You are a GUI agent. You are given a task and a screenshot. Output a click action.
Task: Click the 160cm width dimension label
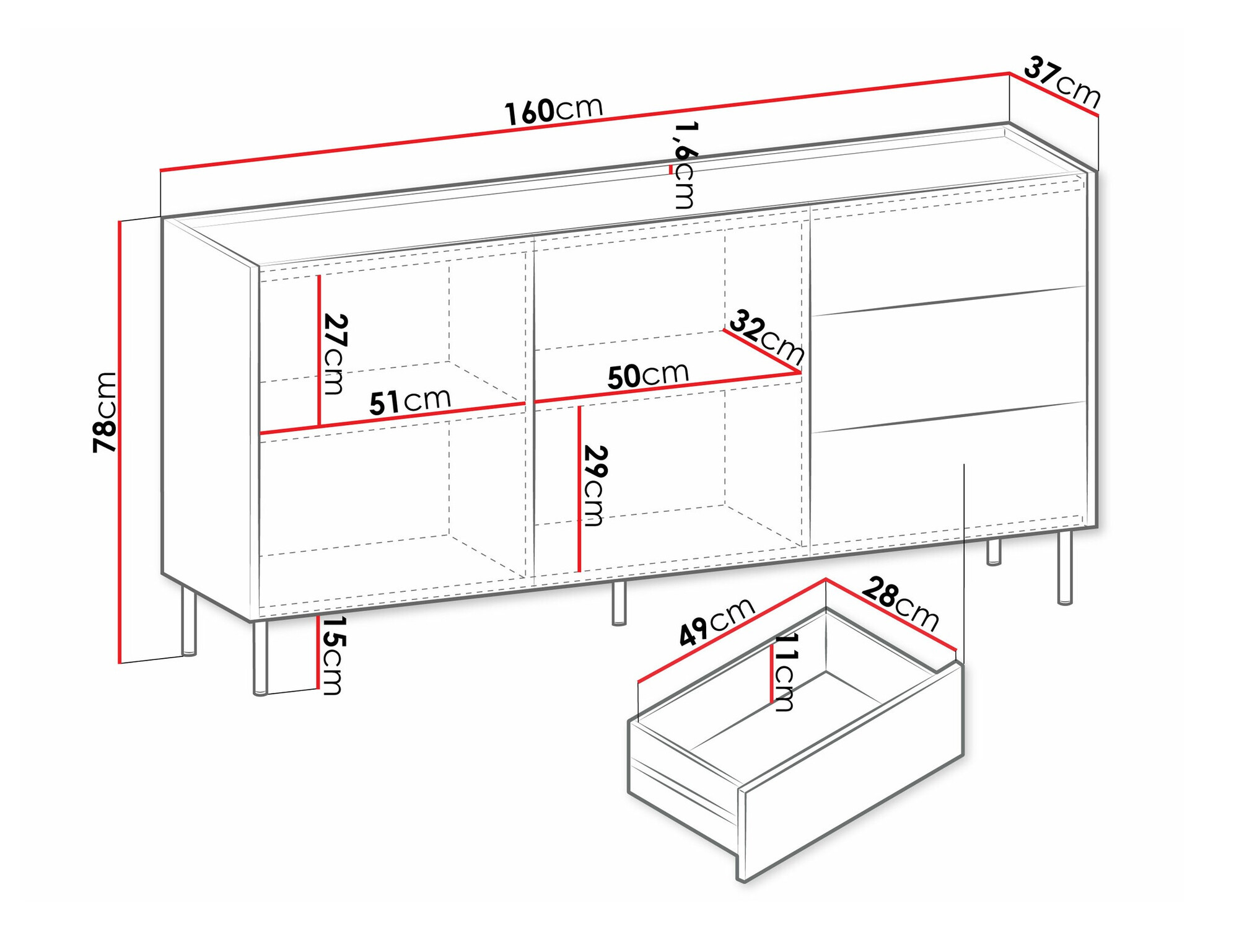click(553, 111)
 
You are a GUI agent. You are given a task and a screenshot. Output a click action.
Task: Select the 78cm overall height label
click(105, 412)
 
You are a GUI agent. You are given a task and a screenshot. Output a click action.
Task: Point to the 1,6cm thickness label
click(685, 165)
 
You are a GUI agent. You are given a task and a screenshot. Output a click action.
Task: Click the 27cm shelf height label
click(335, 354)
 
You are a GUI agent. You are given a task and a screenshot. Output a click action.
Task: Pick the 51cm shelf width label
click(409, 401)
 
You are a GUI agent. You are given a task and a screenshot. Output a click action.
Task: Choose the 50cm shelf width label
click(647, 376)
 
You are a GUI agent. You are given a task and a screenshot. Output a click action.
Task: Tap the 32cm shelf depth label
click(767, 338)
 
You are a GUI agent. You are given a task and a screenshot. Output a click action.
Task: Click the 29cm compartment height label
click(595, 485)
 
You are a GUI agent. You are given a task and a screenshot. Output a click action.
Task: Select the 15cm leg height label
click(333, 655)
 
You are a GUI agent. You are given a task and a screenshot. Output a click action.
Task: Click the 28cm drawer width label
click(900, 603)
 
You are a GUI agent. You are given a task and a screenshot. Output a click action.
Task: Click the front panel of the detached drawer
click(852, 812)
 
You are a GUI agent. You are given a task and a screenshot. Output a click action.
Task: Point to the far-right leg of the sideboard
click(1064, 566)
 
